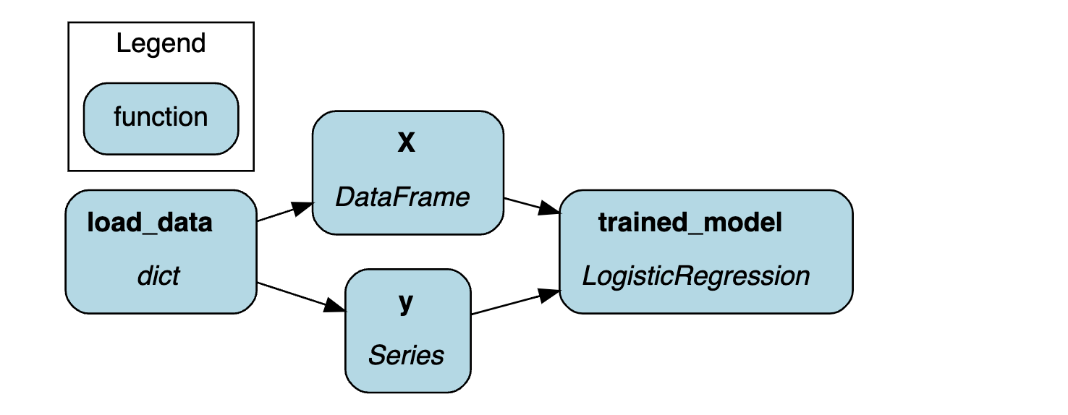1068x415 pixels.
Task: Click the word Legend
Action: point(161,44)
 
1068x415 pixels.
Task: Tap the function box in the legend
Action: point(161,119)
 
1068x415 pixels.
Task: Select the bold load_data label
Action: point(150,223)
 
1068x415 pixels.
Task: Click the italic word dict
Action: point(158,276)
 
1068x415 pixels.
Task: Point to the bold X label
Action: point(406,142)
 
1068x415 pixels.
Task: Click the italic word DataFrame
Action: point(402,197)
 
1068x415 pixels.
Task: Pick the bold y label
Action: point(406,302)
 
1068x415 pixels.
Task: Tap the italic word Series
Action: point(406,356)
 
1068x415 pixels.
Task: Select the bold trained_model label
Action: point(690,223)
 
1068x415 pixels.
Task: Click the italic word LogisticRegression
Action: point(696,276)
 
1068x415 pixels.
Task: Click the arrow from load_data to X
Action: point(285,212)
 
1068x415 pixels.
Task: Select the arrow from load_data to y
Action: point(301,297)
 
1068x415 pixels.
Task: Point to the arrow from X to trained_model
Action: point(532,206)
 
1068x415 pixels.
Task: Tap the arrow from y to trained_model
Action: point(516,301)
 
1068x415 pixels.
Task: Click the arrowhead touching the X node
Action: point(302,208)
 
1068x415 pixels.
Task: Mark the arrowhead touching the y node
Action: point(334,305)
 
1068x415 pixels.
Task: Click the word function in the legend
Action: point(161,116)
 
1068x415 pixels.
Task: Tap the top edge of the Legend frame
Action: point(161,22)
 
